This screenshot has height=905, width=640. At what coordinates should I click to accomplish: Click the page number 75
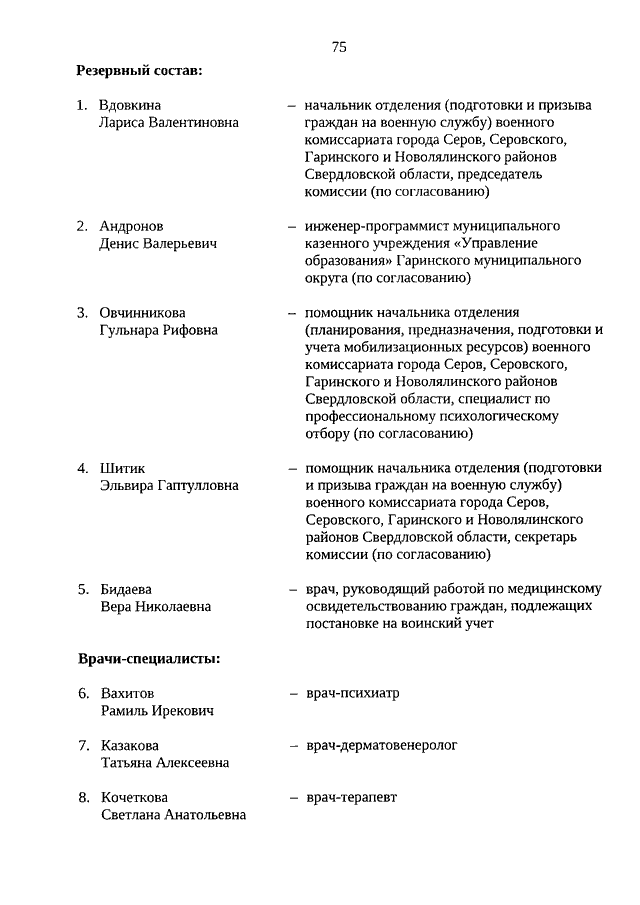pos(339,47)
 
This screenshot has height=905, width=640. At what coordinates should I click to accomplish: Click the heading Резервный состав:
pos(139,71)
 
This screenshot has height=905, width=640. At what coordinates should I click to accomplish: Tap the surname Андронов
pos(132,226)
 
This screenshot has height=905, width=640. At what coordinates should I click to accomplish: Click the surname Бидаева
pos(127,588)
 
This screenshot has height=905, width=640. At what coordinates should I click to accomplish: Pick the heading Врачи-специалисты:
pos(149,659)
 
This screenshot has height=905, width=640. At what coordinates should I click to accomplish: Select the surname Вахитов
pos(128,693)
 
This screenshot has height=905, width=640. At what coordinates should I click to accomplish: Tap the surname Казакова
pos(130,745)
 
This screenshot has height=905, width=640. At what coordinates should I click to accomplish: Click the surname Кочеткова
pos(136,797)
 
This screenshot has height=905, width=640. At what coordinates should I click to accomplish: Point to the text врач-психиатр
pos(352,693)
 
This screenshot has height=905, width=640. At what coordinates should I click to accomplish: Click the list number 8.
pos(83,797)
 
